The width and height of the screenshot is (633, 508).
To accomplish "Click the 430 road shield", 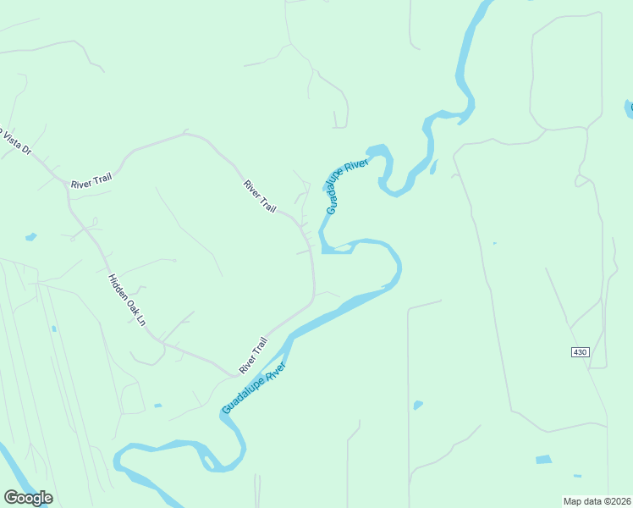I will pos(579,351).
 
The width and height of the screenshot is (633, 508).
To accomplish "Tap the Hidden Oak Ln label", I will pos(127,301).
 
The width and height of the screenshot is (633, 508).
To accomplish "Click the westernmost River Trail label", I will pos(91,181).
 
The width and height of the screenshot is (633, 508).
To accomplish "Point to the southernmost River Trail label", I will pos(253,356).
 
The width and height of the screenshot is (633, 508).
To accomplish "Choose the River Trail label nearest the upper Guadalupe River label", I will pos(260,196).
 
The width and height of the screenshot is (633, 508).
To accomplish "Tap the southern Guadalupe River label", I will pos(255,388).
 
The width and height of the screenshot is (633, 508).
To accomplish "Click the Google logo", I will pos(28,497).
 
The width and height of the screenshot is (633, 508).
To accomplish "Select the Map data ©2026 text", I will pos(596,500).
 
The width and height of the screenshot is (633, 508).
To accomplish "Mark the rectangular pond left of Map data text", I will pos(543,460).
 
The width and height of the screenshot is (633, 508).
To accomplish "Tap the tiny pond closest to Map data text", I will pos(577,476).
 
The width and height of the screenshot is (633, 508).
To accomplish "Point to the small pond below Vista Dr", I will pos(31,237).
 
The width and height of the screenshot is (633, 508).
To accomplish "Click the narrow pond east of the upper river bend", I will pos(433,167).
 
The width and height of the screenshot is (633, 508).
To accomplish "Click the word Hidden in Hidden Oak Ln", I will pos(116,286).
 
